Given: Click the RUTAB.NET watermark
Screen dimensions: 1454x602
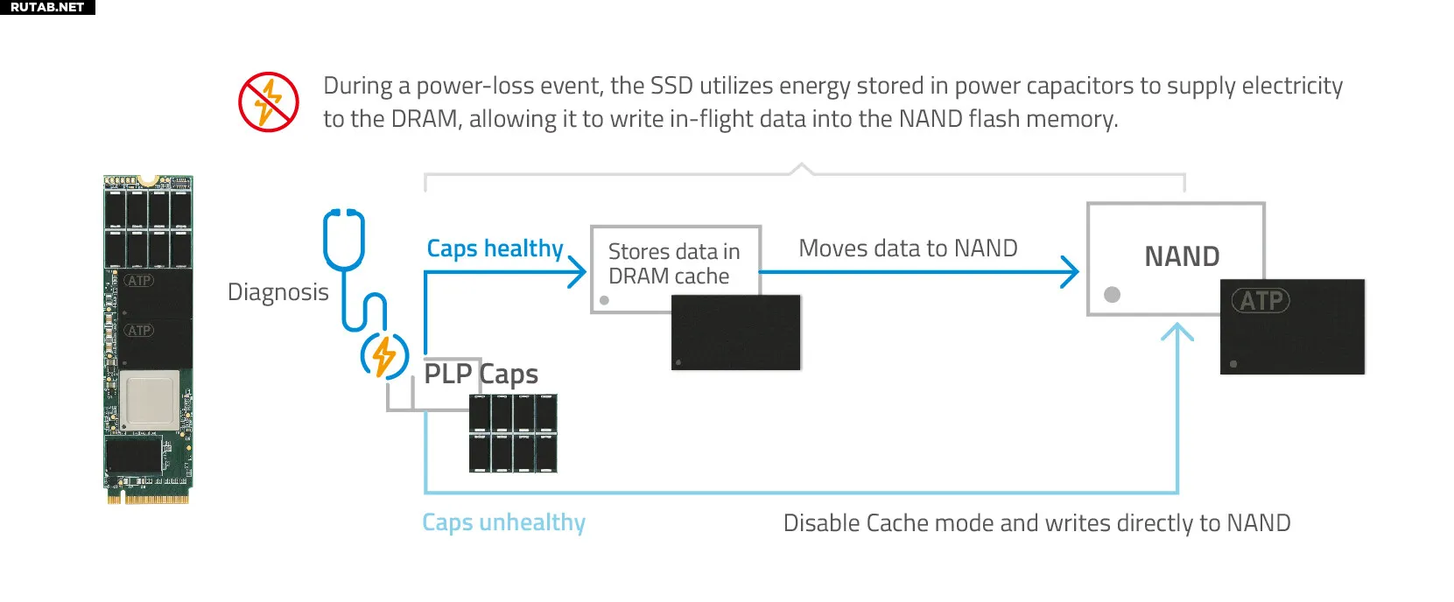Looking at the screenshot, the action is tap(47, 7).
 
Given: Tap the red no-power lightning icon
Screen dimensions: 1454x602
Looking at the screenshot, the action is tap(268, 101).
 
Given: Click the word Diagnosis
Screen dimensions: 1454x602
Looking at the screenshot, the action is tap(277, 292).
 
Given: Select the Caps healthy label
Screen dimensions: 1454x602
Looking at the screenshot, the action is tap(495, 248).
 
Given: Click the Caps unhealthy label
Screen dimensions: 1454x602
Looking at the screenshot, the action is tap(503, 522).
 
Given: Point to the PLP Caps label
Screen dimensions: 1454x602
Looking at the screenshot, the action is tap(481, 374).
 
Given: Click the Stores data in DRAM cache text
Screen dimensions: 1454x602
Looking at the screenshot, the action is tap(674, 263).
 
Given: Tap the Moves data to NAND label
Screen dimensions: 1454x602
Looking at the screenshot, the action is tap(908, 248).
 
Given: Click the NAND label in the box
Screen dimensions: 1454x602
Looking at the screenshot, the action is tap(1182, 256).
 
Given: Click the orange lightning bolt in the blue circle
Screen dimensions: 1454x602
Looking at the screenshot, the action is tap(384, 355).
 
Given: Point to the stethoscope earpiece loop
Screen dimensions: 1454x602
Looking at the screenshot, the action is tap(344, 239).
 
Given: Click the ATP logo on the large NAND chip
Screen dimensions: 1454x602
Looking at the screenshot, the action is tap(1261, 300).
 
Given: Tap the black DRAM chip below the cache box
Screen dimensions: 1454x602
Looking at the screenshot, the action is tap(735, 332).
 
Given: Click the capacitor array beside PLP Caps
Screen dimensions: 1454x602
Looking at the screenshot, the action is tap(513, 432).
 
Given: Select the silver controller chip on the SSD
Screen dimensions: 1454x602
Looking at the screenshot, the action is tap(150, 399).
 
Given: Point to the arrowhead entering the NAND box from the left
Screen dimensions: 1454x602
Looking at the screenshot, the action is tap(1069, 272).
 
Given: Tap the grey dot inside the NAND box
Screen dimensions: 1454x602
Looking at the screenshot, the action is tap(1112, 295).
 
